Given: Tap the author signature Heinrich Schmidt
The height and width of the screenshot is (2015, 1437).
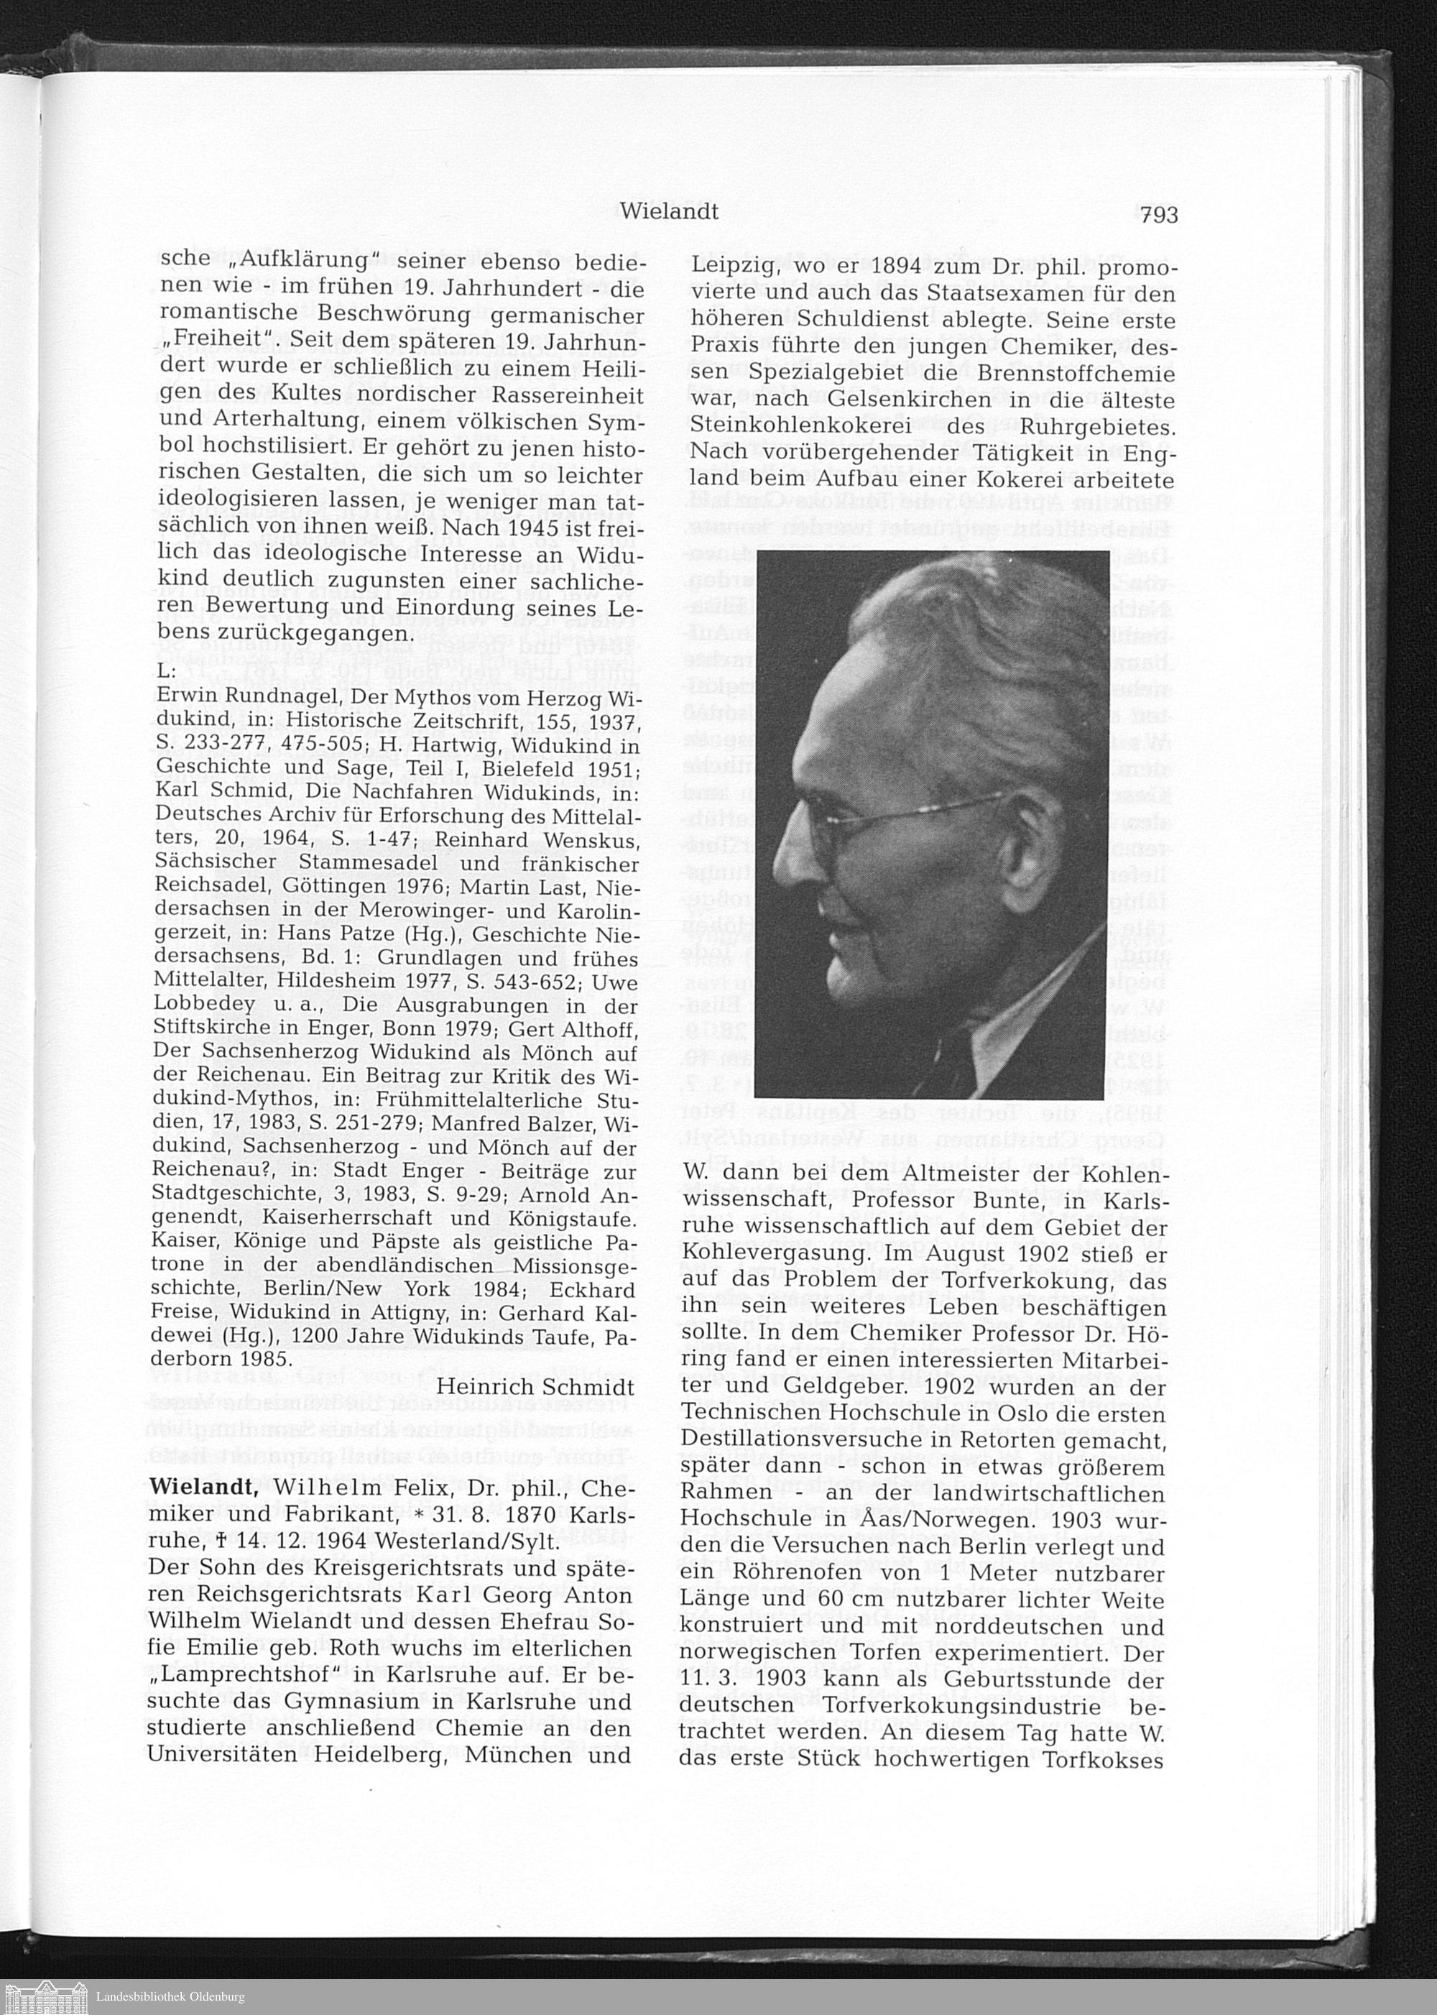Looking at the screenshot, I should [x=536, y=1385].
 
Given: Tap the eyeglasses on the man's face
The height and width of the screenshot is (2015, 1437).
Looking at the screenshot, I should [x=885, y=819].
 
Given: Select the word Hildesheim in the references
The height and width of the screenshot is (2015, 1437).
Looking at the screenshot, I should [x=354, y=980].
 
